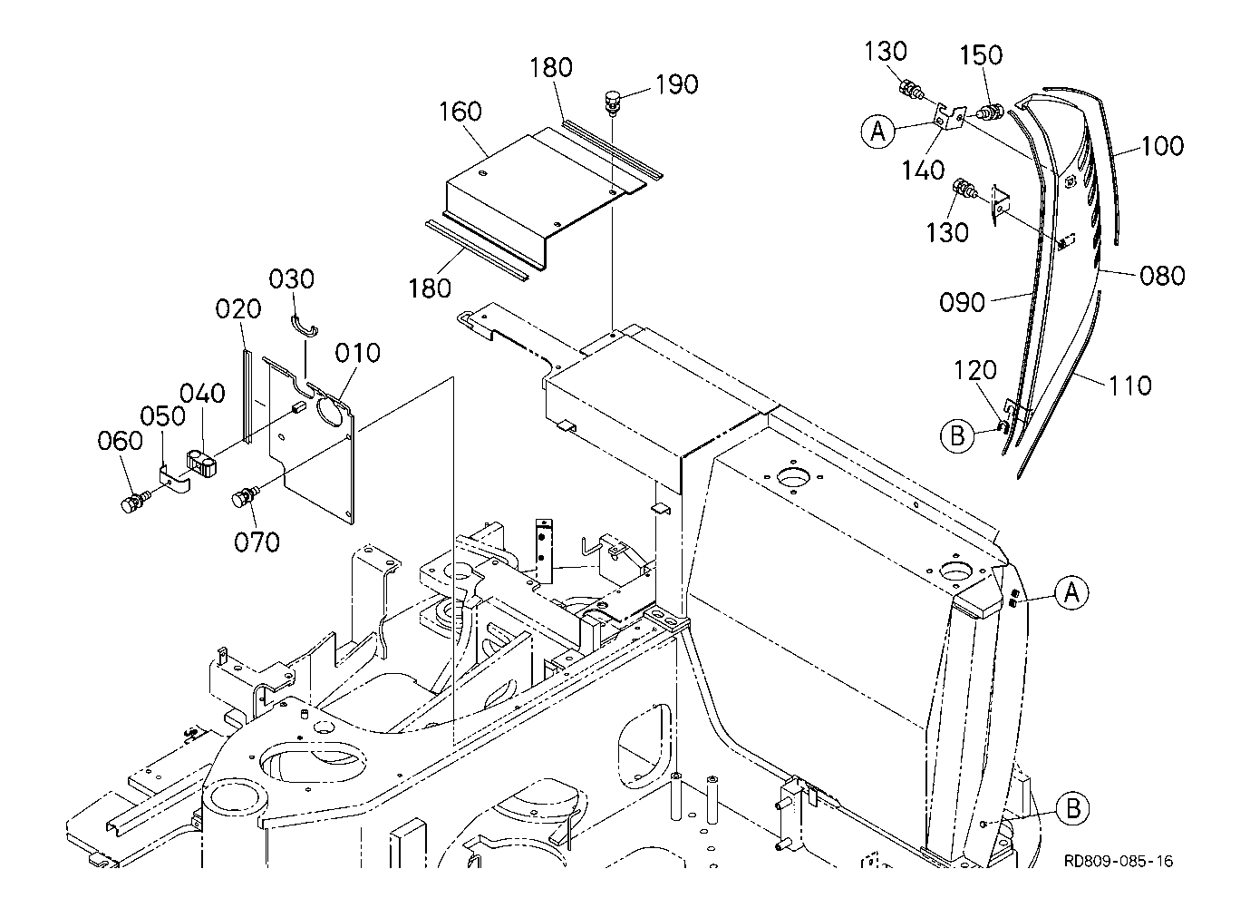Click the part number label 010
coord(358,352)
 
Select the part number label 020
coord(238,308)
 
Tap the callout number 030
coord(292,278)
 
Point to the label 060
coord(121,441)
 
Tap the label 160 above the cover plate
coord(460,112)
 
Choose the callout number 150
coord(981,56)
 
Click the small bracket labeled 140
coord(947,120)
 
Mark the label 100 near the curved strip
coord(1161,146)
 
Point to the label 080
coord(1162,275)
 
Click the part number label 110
coord(1129,386)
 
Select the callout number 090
coord(962,302)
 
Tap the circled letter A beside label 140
coord(877,132)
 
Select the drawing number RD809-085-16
coord(1119,861)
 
